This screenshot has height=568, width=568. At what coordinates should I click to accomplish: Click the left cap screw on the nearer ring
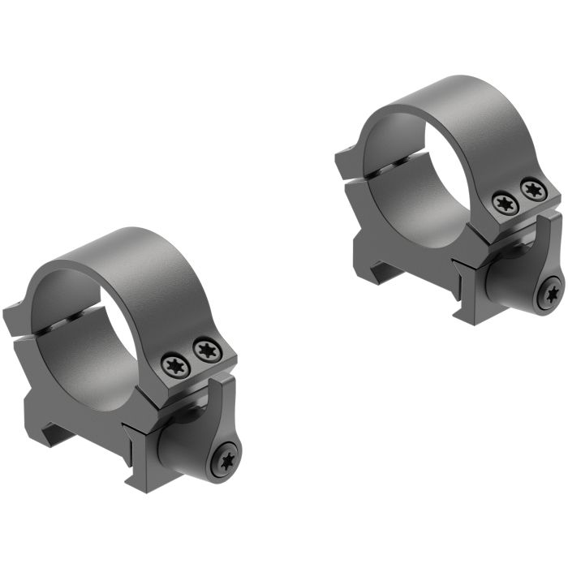point(175,365)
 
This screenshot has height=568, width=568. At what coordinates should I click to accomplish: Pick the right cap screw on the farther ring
point(531,190)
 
